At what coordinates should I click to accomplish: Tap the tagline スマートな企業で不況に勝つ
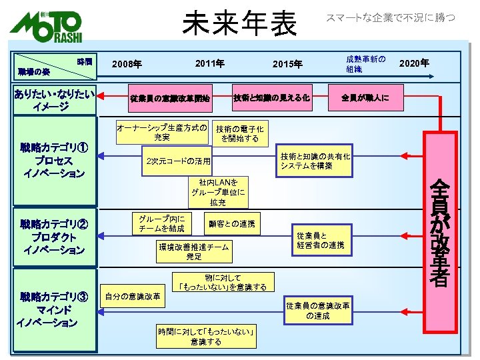[x=390, y=18]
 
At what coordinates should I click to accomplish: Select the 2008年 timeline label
[x=127, y=65]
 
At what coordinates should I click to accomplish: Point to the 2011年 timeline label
[x=209, y=63]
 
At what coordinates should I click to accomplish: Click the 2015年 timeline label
[x=287, y=65]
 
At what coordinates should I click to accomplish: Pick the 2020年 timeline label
[x=413, y=63]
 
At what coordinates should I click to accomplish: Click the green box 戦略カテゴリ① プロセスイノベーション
[x=51, y=161]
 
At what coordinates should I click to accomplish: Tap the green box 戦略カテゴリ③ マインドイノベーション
[x=51, y=310]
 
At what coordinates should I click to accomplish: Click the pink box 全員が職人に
[x=365, y=97]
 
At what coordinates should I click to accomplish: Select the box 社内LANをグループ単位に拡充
[x=218, y=192]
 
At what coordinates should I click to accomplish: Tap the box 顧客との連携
[x=232, y=224]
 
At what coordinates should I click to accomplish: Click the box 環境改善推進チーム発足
[x=194, y=251]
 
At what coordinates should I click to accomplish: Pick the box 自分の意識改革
[x=133, y=296]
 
